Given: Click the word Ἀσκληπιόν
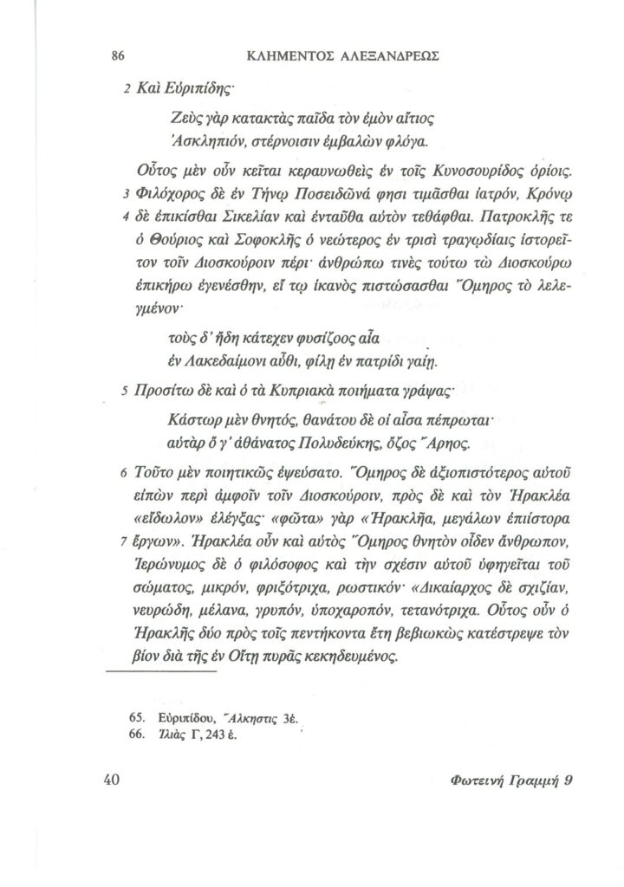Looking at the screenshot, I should (x=199, y=139).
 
